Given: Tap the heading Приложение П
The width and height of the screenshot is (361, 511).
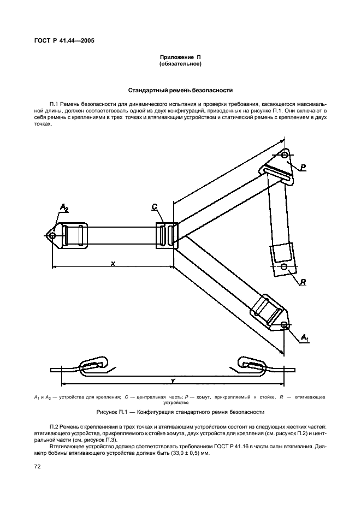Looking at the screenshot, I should pos(180,57).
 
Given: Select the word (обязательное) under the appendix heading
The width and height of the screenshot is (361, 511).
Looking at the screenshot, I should pos(180,64).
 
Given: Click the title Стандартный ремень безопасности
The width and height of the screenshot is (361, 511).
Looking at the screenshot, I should pos(180,90).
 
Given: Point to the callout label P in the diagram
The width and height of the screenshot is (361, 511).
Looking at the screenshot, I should pos(303,166).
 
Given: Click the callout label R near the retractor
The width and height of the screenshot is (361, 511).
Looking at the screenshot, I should pos(303,282).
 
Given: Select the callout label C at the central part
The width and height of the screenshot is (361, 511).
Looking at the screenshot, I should pos(155,207).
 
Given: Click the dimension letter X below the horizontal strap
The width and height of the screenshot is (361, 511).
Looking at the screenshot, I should pos(113,263).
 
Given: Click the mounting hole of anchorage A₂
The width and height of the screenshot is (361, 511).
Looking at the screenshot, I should pos(52,236).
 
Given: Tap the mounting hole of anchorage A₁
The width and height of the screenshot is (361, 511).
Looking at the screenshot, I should pos(284,325).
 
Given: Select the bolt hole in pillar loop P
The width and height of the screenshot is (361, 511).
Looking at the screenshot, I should pos(285,156).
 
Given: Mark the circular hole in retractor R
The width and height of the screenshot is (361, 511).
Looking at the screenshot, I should pos(284,267).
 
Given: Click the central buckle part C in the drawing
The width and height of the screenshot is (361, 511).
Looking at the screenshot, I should pos(166,235).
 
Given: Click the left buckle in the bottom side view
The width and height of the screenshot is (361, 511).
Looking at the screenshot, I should pos(95,365).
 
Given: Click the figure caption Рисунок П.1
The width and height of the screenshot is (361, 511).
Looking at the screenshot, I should pos(180,412).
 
